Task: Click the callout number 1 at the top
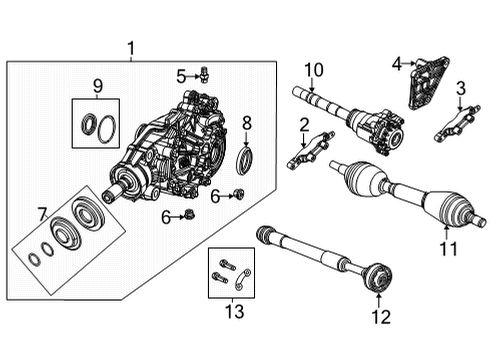click(130, 47)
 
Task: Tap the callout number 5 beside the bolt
click(181, 75)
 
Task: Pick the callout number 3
click(461, 88)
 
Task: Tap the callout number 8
click(247, 123)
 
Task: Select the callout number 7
click(41, 213)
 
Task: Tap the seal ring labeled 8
click(245, 160)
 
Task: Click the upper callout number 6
click(215, 196)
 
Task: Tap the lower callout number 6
click(165, 216)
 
